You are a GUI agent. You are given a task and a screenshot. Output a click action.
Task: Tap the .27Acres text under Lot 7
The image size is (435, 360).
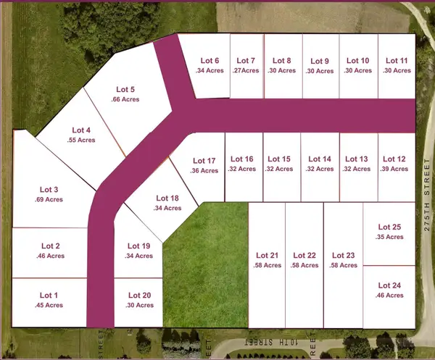tap(246, 71)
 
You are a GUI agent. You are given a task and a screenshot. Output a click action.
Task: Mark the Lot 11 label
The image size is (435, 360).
tap(397, 61)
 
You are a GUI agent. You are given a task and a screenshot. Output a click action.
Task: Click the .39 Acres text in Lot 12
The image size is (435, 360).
tap(394, 169)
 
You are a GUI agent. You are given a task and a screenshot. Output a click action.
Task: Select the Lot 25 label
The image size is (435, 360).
tap(390, 226)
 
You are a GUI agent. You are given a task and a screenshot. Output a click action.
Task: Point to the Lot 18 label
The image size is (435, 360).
tap(168, 198)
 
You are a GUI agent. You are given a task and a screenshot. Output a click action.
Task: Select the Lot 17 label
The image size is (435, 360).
tap(204, 161)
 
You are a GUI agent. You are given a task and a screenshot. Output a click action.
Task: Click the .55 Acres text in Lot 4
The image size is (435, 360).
tap(82, 140)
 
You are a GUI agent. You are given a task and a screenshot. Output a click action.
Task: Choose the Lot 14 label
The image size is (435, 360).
tap(320, 159)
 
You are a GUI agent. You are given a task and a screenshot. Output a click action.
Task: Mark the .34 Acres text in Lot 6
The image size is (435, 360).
tap(209, 71)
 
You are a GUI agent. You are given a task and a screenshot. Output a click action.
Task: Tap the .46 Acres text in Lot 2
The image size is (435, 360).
tap(51, 256)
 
